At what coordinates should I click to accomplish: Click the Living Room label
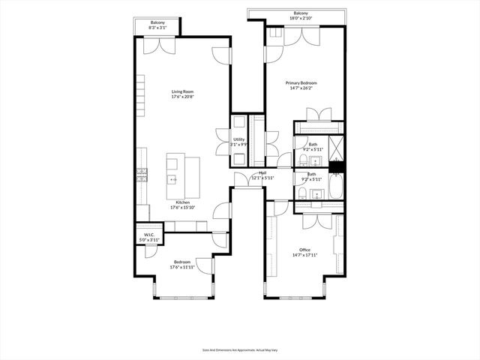click(182, 92)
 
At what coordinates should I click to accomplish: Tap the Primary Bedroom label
click(301, 82)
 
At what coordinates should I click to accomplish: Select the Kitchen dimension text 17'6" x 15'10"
click(182, 208)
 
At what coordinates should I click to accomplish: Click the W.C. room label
click(148, 235)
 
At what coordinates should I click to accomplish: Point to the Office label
click(304, 250)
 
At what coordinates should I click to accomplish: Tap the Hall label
click(262, 173)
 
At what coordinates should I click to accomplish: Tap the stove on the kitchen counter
click(141, 175)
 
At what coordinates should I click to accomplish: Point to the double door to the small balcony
click(158, 44)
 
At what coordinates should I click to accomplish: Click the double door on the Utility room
click(223, 141)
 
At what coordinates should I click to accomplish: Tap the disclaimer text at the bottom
click(239, 349)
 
